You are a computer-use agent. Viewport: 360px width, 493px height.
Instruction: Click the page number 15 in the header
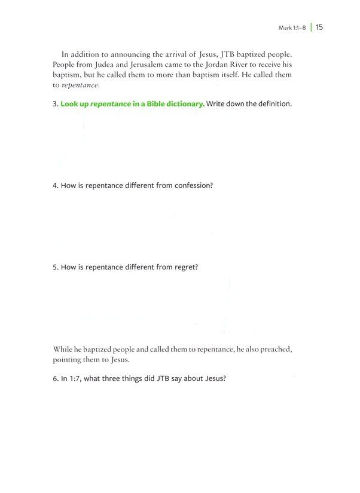tap(319, 27)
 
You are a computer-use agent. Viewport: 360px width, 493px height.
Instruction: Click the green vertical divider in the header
tap(311, 27)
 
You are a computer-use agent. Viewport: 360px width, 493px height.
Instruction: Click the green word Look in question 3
tap(70, 104)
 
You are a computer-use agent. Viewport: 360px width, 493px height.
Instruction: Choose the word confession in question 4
tap(193, 185)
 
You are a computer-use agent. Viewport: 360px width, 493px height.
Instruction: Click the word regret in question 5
tap(185, 267)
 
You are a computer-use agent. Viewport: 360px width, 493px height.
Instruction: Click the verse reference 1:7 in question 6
tap(75, 379)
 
